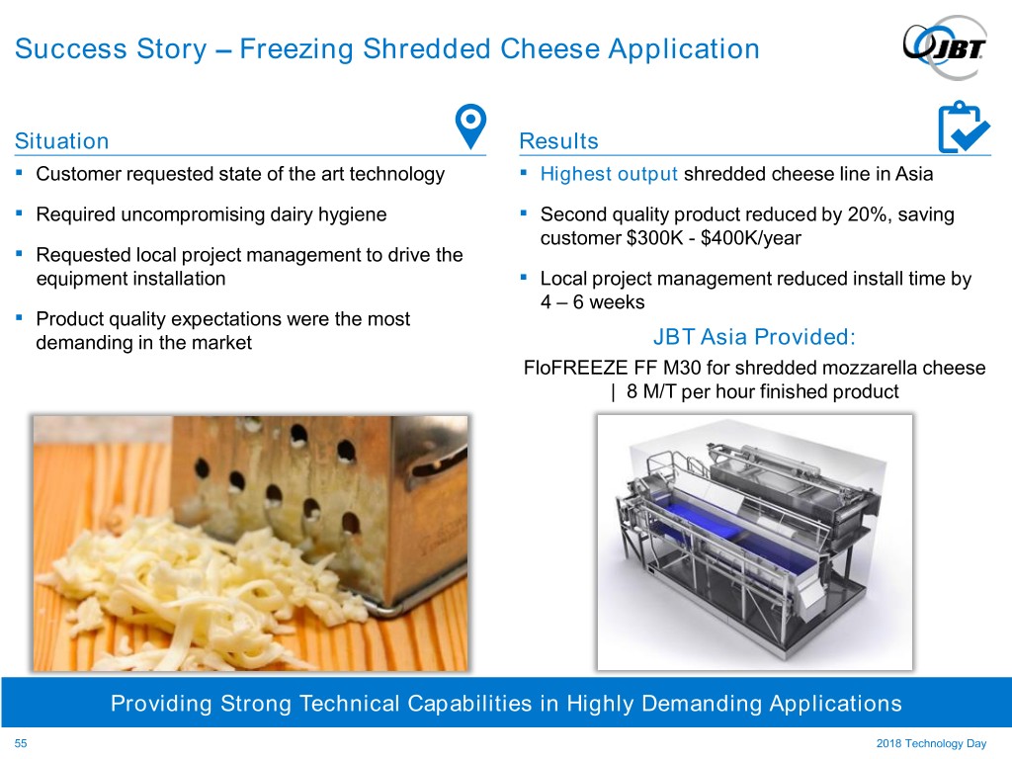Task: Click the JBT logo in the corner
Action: tap(946, 47)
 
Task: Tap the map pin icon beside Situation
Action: tap(470, 126)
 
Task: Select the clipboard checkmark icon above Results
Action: tap(963, 126)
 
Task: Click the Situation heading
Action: tap(62, 140)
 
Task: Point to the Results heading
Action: tap(559, 140)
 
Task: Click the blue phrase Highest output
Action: tap(609, 174)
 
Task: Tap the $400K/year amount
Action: tap(751, 238)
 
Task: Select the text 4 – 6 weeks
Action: tap(593, 302)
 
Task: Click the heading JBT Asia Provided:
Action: tap(754, 336)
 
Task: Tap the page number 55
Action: tap(21, 743)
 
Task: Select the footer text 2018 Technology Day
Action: tap(931, 743)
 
